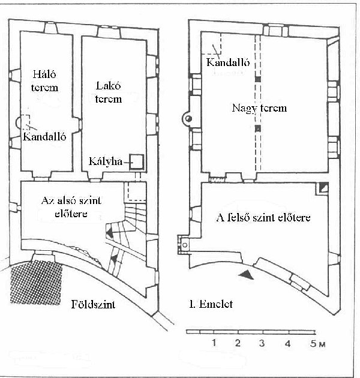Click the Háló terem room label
pyautogui.click(x=44, y=81)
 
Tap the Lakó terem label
pyautogui.click(x=108, y=92)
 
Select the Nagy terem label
pyautogui.click(x=259, y=108)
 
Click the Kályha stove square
pyautogui.click(x=136, y=162)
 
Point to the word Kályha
pyautogui.click(x=106, y=161)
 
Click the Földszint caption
pyautogui.click(x=93, y=304)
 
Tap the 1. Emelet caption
pyautogui.click(x=211, y=304)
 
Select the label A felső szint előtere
pyautogui.click(x=263, y=217)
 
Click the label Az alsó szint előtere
pyautogui.click(x=71, y=207)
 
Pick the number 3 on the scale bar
pyautogui.click(x=262, y=343)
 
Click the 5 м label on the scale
pyautogui.click(x=318, y=344)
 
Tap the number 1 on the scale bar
pyautogui.click(x=214, y=343)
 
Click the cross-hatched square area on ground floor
pyautogui.click(x=35, y=282)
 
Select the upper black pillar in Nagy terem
pyautogui.click(x=258, y=79)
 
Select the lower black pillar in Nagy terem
pyautogui.click(x=258, y=128)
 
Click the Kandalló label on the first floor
pyautogui.click(x=228, y=62)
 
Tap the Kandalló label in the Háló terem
pyautogui.click(x=44, y=137)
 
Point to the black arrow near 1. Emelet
pyautogui.click(x=246, y=275)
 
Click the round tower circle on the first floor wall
pyautogui.click(x=188, y=119)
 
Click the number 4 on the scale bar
pyautogui.click(x=287, y=343)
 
